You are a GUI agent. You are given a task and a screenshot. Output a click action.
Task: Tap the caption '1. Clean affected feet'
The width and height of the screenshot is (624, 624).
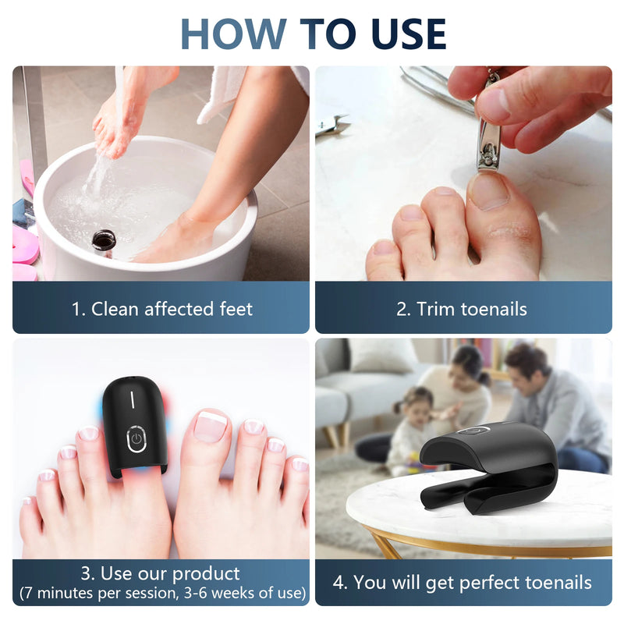pos(162,309)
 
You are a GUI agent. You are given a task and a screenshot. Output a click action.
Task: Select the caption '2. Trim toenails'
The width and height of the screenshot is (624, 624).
pos(462,309)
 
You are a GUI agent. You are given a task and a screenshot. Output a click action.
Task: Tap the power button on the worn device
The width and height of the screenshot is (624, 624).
pos(136,438)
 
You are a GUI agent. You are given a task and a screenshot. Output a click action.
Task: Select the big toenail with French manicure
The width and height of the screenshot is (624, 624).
pos(211,425)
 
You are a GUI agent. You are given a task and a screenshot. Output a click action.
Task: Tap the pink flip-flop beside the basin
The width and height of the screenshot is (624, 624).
pos(23,246)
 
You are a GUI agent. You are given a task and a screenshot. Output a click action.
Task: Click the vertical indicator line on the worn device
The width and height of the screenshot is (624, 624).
pos(133,399)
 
